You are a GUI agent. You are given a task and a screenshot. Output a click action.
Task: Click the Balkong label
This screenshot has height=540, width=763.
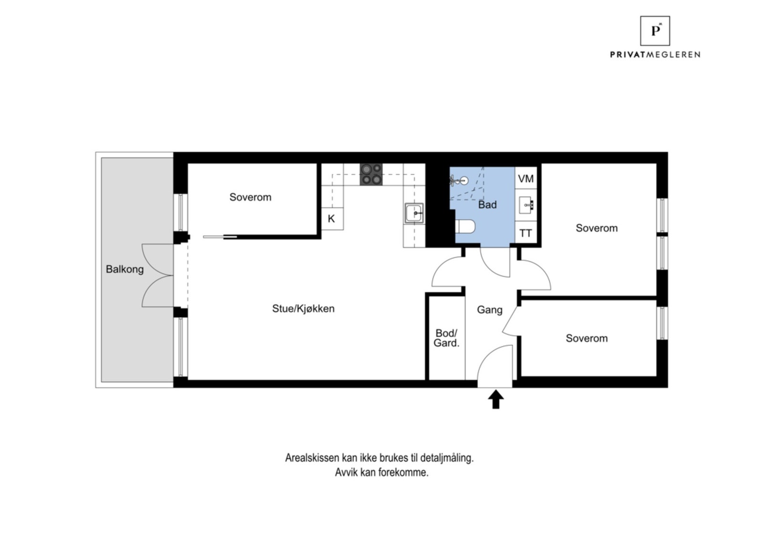point(124,269)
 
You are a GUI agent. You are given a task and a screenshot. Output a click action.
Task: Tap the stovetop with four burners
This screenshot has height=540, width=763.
point(371,175)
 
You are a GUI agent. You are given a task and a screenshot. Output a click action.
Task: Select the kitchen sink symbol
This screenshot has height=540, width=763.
point(414,213)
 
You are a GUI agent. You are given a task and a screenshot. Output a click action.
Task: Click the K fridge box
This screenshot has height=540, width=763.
point(331,219)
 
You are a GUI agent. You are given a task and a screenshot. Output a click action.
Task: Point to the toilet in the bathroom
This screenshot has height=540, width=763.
point(465,227)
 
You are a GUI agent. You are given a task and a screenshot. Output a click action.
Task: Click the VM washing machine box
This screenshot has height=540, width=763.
point(526,179)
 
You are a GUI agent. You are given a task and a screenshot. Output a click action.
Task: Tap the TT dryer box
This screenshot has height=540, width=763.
point(526,233)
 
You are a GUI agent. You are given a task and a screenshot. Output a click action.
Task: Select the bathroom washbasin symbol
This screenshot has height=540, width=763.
point(526,206)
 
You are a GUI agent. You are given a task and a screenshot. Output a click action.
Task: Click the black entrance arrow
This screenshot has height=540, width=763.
point(496,399)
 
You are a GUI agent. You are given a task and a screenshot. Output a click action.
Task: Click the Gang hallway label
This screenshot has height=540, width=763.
point(490,310)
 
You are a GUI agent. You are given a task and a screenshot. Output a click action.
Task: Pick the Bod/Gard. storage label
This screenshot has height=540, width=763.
point(446,338)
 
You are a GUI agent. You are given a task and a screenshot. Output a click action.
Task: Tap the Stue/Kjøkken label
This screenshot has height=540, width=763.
point(303,309)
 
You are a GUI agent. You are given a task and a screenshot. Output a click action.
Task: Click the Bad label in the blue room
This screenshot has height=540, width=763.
point(487,205)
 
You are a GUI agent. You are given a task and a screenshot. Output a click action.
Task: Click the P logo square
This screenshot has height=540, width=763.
point(655,31)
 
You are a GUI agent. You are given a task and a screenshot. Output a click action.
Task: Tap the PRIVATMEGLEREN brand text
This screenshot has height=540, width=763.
point(655,55)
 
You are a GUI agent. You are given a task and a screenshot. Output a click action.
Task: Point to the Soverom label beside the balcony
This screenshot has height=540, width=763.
point(250,197)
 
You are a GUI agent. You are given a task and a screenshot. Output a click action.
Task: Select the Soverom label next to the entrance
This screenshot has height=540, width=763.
point(587,338)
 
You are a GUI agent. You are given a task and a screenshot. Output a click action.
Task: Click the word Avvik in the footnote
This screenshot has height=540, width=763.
point(345,473)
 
